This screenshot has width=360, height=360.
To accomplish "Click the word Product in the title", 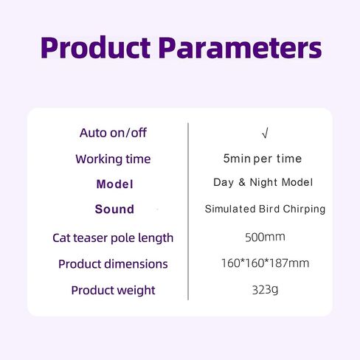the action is click(x=95, y=48).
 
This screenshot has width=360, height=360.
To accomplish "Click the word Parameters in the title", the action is click(x=240, y=48).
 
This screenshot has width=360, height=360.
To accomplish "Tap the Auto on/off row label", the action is click(x=113, y=133).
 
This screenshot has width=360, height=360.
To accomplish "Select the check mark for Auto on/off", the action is click(x=265, y=134).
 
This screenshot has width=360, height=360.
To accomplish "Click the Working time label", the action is click(x=113, y=159).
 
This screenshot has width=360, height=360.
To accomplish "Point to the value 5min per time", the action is click(x=263, y=159).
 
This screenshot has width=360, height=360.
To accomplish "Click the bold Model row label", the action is click(x=114, y=184).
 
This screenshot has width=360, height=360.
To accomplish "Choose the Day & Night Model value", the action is click(x=263, y=182).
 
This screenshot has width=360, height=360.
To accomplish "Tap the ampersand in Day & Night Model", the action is click(x=242, y=182).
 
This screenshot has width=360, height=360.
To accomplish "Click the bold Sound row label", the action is click(x=114, y=210).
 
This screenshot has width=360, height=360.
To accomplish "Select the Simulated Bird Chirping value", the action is click(x=265, y=209).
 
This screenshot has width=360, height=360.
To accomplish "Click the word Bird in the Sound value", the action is click(x=269, y=209).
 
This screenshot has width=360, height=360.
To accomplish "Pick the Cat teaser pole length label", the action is click(x=113, y=238).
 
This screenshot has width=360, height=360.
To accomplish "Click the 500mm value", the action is click(x=265, y=237).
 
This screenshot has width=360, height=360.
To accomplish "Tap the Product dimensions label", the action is click(x=113, y=264).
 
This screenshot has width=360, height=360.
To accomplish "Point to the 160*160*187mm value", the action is click(x=265, y=263).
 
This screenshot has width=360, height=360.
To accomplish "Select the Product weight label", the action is click(x=113, y=291).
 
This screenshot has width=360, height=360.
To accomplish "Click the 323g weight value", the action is click(x=265, y=290).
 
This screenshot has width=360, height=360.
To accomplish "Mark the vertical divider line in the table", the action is click(x=188, y=212).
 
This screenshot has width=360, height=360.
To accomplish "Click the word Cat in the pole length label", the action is click(x=61, y=238).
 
